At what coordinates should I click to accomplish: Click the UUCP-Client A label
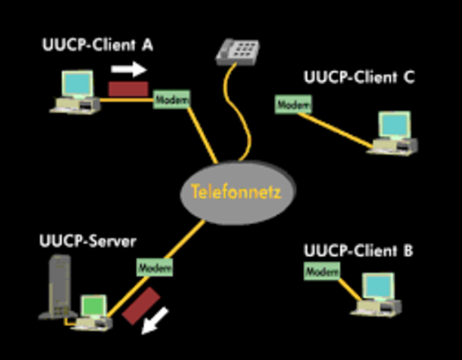click(x=97, y=45)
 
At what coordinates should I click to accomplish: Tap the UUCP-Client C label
click(x=358, y=77)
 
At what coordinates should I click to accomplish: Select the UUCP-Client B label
click(x=358, y=251)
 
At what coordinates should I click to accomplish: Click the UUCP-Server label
click(x=87, y=242)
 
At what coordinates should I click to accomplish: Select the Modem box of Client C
click(x=292, y=106)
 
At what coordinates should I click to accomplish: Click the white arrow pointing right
click(x=128, y=70)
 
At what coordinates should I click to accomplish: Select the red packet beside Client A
click(x=127, y=88)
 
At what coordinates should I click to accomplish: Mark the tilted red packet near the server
click(x=142, y=305)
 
